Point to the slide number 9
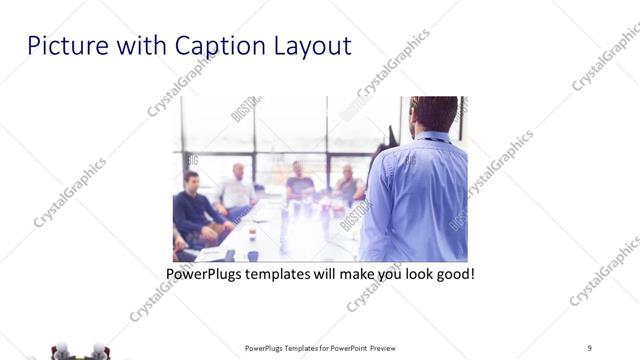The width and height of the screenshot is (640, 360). coord(589,348)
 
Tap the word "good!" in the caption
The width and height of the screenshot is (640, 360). coord(454,273)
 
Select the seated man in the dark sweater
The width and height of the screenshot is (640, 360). coord(193,208)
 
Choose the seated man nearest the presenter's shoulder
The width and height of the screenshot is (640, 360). coord(347,184)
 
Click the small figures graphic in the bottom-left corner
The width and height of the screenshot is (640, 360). coord(80,350)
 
